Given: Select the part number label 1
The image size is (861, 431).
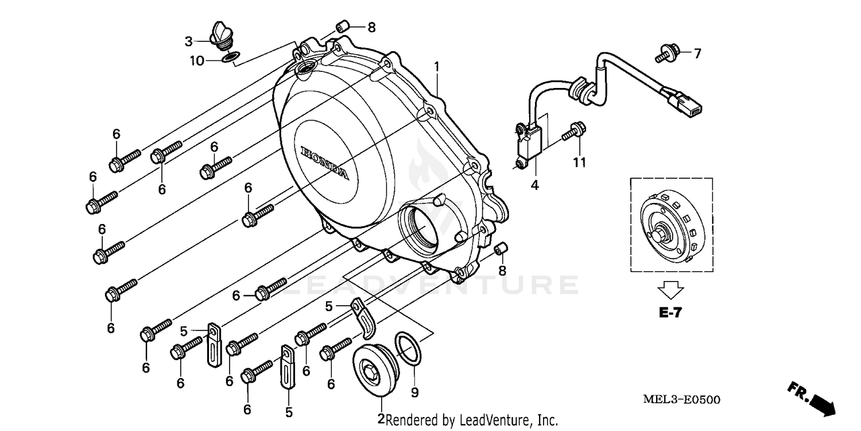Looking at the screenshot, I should point(437,67).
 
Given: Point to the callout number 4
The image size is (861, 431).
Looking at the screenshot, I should point(534,185).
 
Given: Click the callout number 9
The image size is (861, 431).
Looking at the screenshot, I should point(414,392).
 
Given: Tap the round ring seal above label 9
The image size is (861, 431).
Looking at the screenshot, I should point(409,348).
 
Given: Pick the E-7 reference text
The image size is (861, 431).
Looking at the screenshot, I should point(670,313).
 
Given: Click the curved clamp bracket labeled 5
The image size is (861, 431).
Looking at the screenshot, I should point(364,319).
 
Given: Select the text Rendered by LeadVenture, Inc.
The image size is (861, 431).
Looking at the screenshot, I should point(471,421).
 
